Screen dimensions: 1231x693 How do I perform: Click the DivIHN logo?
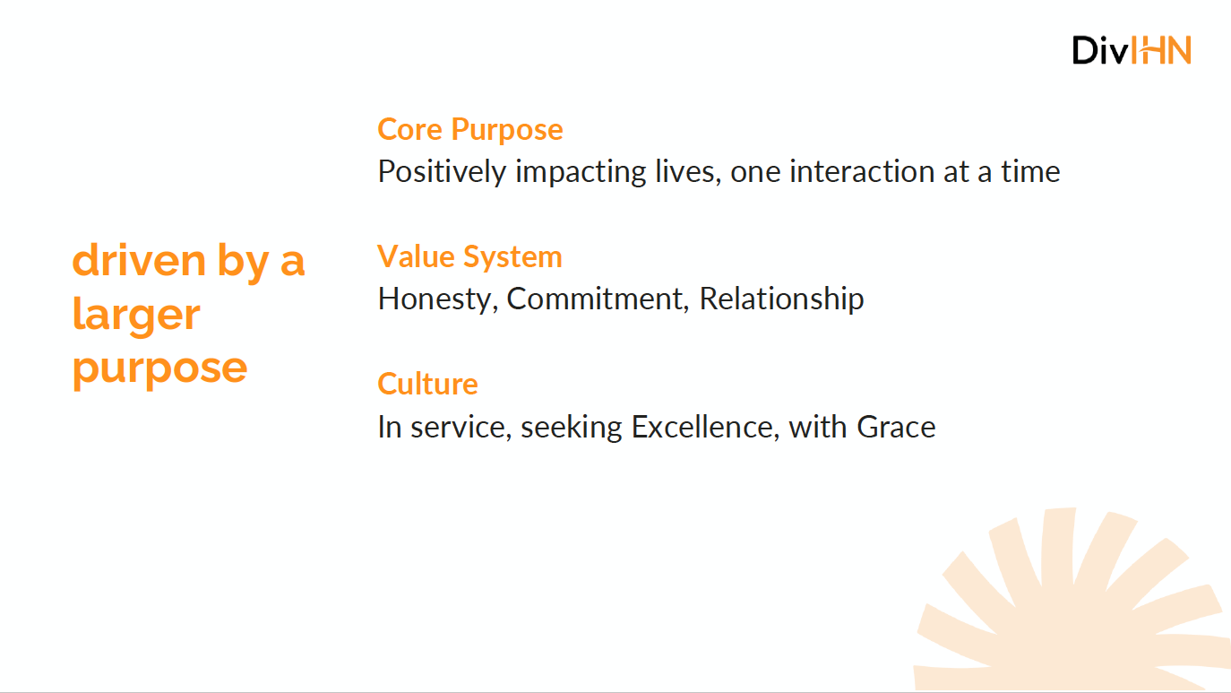coord(1132,50)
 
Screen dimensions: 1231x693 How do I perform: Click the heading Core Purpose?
coord(469,130)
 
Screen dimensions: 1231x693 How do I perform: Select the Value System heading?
coord(469,257)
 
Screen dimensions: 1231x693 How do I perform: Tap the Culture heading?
coord(427,384)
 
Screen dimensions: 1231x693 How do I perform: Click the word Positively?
coord(442,172)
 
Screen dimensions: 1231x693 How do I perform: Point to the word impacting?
coord(581,172)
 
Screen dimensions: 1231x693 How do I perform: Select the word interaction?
coord(861,171)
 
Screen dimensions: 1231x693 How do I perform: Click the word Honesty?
coord(438,299)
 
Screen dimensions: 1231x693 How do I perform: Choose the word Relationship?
coord(781,299)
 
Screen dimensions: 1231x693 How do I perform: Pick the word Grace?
coord(896,427)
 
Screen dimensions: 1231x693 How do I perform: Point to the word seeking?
coord(572,428)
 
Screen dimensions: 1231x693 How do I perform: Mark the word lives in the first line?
coord(688,171)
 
